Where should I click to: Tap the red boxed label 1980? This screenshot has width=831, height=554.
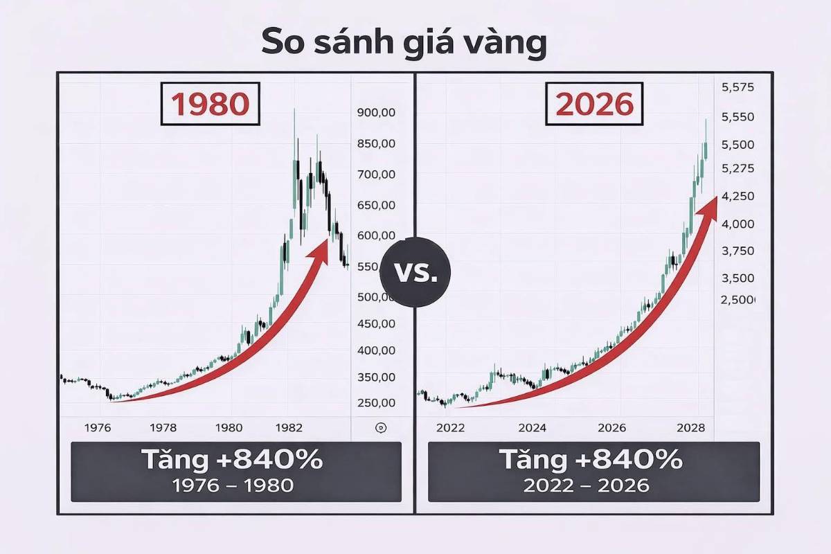point(208,104)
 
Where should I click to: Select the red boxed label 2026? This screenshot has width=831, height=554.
point(595,104)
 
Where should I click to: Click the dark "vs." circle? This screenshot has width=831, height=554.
point(415,272)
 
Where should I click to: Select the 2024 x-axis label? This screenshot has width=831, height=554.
point(531,428)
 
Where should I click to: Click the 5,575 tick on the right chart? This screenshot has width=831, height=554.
point(738,88)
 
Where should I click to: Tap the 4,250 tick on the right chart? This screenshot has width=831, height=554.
point(738,197)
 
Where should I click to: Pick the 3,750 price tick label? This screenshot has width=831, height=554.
point(738,251)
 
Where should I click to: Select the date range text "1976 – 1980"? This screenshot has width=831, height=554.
point(235,485)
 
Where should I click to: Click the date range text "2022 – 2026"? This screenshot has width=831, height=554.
point(593,485)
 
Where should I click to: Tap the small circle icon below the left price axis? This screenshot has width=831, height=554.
point(379,428)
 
